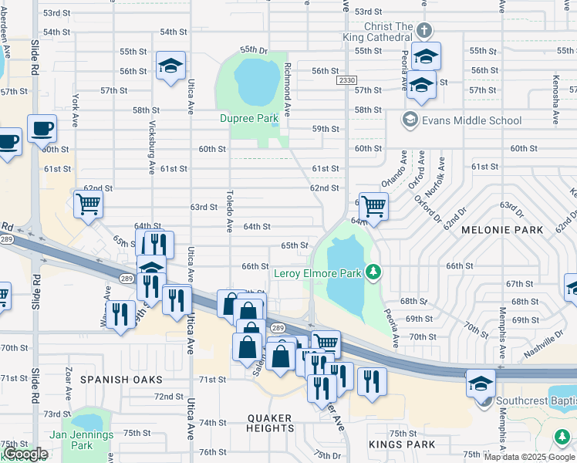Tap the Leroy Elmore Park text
(x=319, y=272)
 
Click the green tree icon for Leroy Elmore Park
(x=373, y=272)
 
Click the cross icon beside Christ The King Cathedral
(x=423, y=31)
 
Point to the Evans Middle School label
(x=471, y=120)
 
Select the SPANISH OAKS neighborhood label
(x=121, y=380)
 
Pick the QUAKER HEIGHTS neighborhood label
(x=270, y=422)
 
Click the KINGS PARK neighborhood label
(x=403, y=444)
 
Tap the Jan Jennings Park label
(x=81, y=440)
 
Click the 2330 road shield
(x=346, y=80)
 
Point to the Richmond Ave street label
(x=286, y=90)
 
